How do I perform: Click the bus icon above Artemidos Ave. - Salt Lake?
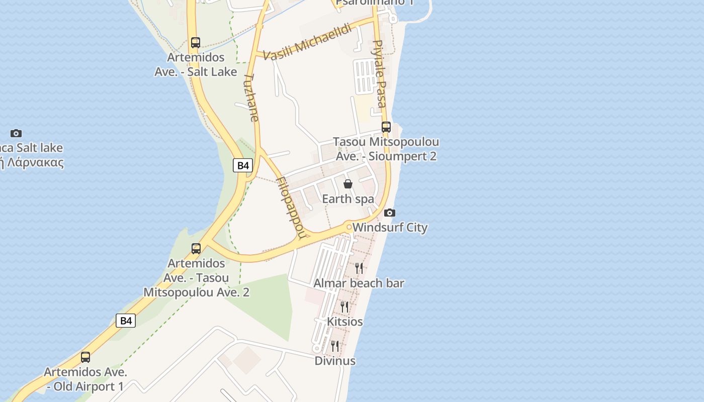pos(196,43)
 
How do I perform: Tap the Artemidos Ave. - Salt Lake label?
pos(196,65)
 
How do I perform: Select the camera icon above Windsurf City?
pos(390,213)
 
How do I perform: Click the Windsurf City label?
pos(390,227)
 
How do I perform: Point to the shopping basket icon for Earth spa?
pos(347,184)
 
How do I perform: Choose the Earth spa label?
pos(348,198)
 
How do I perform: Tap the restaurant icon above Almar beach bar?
pos(359,268)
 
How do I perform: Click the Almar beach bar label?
pos(359,283)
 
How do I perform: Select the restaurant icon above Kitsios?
pos(344,307)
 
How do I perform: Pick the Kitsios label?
pos(345,321)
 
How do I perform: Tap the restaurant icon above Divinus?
pos(335,346)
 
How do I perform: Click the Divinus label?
pos(335,361)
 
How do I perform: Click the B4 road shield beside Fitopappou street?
pos(243,165)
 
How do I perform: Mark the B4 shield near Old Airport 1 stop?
pos(126,320)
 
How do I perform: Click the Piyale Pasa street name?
pos(380,74)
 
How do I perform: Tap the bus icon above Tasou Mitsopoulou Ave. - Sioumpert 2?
pos(386,127)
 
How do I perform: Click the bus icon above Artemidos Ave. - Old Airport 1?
pos(85,357)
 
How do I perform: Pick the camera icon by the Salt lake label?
pos(16,133)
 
